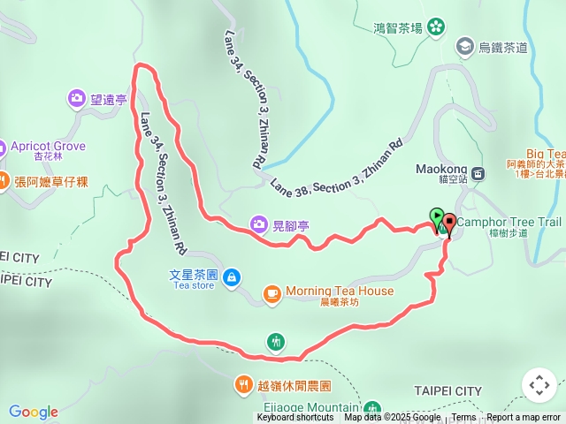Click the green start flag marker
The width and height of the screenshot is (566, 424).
[x=437, y=216]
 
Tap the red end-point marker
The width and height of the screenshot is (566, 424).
[x=448, y=223]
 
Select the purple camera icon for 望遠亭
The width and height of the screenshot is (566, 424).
[x=77, y=100]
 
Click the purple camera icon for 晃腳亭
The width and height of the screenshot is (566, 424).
[x=258, y=224]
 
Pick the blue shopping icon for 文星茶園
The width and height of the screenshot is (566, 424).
[x=231, y=278]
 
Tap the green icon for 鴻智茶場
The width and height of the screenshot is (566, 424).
[x=435, y=28]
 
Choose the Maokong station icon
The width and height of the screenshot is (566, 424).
[x=478, y=174]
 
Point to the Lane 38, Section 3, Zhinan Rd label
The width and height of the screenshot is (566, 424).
[x=337, y=169]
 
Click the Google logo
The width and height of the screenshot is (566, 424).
[x=34, y=412]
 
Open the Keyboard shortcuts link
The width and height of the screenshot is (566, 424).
[x=295, y=418]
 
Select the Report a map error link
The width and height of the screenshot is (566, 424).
[x=523, y=418]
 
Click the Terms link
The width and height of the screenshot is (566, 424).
[x=463, y=418]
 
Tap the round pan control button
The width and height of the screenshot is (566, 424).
[x=539, y=385]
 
